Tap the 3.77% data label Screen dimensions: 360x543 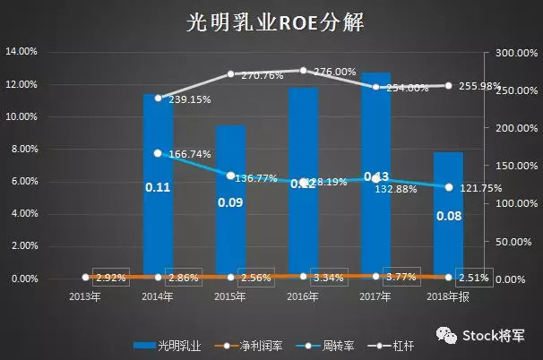pos(401,277)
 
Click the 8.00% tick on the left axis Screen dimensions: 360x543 pos(23,149)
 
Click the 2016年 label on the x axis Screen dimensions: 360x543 pos(303,296)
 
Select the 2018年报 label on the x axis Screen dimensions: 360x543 pos(448,296)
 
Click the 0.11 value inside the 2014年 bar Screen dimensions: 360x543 pos(158,188)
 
